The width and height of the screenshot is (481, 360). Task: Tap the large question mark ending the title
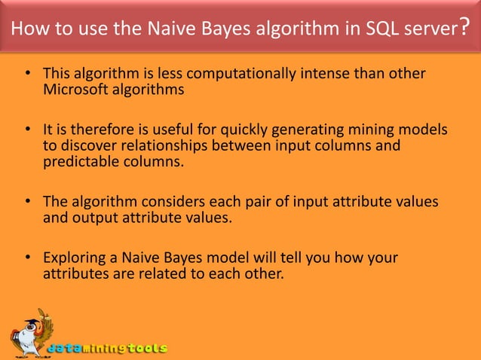click(x=467, y=28)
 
